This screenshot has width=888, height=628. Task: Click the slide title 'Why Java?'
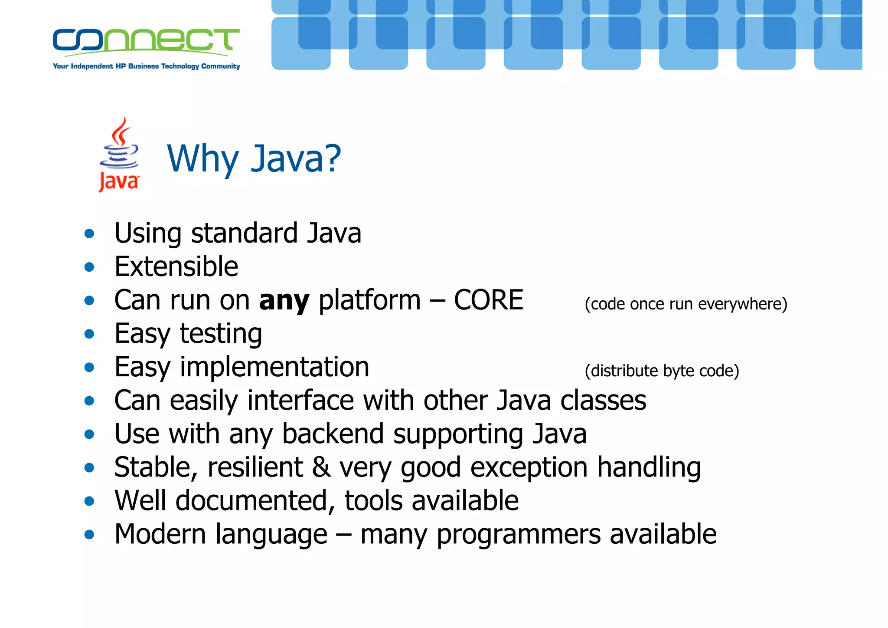coord(254,159)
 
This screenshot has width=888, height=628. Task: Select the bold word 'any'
coord(284,301)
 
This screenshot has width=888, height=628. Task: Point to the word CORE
coord(489,300)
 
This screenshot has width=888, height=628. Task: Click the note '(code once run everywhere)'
coord(686,304)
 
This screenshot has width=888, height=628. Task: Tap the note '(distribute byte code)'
coord(662,371)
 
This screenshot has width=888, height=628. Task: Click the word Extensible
coord(176,266)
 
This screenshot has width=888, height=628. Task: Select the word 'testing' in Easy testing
coord(221,334)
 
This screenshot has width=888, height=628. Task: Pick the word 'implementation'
coord(274,367)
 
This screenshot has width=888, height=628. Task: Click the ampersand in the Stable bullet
coord(321,467)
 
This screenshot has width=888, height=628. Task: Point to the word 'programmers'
coord(519,535)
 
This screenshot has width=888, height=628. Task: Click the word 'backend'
coord(333,434)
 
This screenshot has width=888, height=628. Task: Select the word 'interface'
coord(300,401)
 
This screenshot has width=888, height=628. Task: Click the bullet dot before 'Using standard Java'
coord(89,234)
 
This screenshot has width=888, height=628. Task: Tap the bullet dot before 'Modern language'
coord(89,535)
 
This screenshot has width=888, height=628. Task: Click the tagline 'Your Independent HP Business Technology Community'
coord(146,66)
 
